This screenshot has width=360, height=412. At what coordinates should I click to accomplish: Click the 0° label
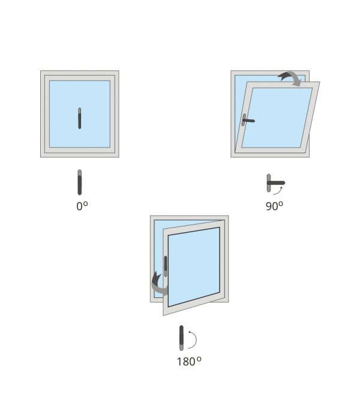point(82,206)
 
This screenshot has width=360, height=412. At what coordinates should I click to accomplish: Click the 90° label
point(274,206)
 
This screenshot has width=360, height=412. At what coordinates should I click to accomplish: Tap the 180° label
point(189,362)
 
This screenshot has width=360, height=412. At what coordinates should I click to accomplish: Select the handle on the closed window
point(80,118)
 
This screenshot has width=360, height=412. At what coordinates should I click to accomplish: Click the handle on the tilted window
point(248,120)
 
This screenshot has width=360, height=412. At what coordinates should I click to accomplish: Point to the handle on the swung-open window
point(166,266)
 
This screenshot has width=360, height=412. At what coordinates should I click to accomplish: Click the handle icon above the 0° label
point(80,183)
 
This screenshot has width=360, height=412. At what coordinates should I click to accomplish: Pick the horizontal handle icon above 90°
point(276,183)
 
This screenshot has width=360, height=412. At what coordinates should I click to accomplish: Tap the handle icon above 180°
point(181,338)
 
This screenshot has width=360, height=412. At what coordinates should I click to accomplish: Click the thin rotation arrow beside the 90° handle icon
point(279,191)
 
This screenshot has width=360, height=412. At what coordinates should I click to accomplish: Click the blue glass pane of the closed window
point(80,114)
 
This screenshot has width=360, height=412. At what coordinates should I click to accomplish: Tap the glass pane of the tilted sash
point(277,118)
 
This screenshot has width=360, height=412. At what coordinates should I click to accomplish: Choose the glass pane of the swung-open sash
point(194,267)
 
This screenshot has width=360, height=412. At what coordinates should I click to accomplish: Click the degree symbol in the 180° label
point(199,359)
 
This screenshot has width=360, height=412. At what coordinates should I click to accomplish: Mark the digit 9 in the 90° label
point(269,207)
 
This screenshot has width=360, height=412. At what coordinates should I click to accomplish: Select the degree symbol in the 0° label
point(86,204)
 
